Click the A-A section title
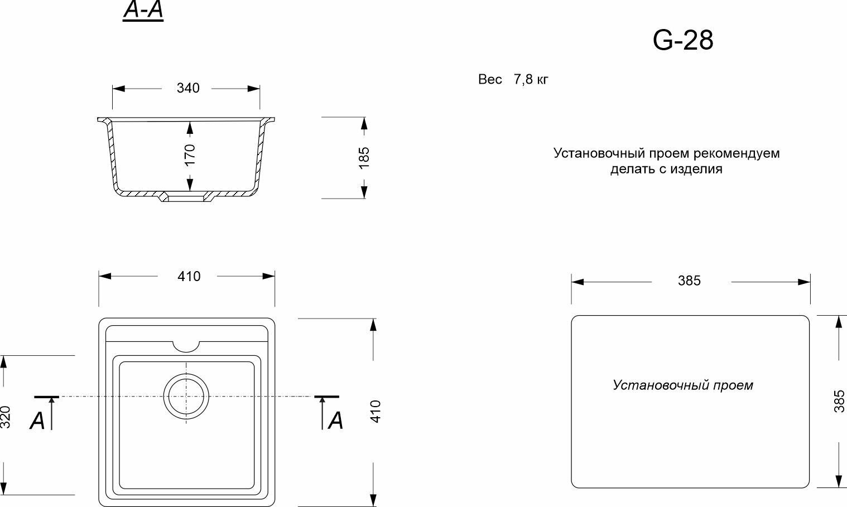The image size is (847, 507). pos(143,12)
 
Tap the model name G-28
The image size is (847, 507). pos(682,40)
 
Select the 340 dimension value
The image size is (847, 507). pos(187,88)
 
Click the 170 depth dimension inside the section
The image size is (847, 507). pos(190,154)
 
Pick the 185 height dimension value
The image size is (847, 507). pos(364,157)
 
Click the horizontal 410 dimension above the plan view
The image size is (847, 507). pos(189,277)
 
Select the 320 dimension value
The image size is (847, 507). pos(6,417)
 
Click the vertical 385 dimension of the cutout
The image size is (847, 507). pos(839,401)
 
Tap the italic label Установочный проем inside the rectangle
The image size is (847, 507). pos(682,385)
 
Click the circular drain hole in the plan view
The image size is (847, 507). pos(186,395)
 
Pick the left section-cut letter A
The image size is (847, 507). pos(37,421)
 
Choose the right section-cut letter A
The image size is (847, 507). pos(335,421)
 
